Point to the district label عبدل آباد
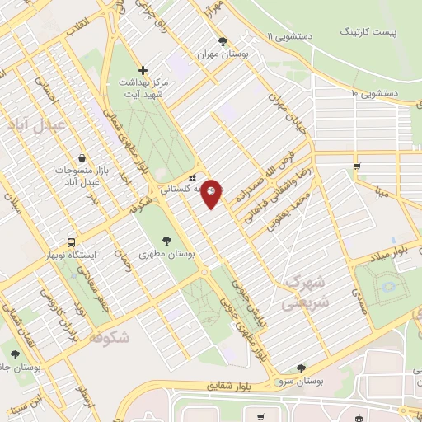click(x=30, y=124)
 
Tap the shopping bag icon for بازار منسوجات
click(x=82, y=157)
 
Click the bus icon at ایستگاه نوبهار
click(x=73, y=243)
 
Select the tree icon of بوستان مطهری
click(x=167, y=241)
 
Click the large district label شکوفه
click(x=107, y=336)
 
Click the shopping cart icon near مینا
click(x=356, y=166)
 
